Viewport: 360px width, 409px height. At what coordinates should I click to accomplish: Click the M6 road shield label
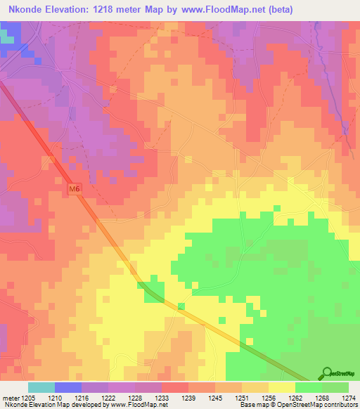75,189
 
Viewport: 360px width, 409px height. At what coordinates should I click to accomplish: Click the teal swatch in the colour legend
41,387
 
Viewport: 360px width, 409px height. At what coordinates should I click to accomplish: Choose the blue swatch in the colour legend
68,387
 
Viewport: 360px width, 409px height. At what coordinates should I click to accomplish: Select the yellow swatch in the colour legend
281,387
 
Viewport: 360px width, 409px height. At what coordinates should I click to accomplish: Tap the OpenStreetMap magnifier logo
326,374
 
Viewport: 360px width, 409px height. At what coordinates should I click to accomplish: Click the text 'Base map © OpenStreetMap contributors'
297,405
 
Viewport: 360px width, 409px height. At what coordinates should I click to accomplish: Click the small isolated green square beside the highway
181,306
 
